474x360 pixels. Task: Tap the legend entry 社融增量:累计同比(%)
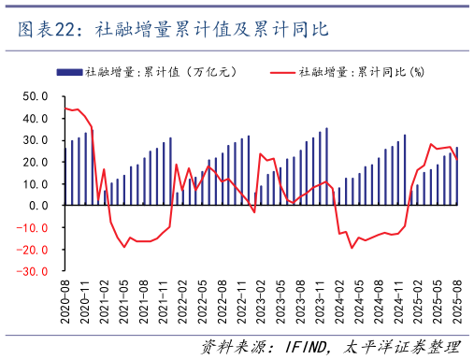pos(360,72)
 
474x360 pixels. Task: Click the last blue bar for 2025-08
pos(456,176)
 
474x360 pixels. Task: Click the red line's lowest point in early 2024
pos(352,247)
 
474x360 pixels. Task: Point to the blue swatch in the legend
pos(69,72)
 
